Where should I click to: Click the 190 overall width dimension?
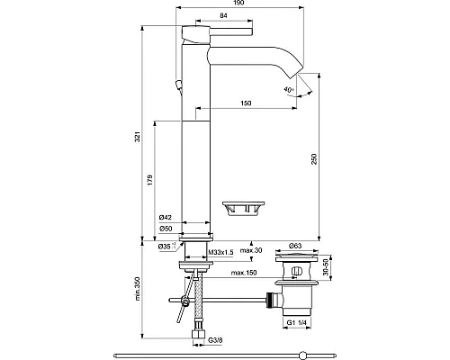tap(237, 4)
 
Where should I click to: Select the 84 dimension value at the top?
tap(222, 15)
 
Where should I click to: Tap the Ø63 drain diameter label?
tap(294, 244)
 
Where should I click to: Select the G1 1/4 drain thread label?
tap(295, 322)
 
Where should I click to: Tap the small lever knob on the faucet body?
tap(178, 85)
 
